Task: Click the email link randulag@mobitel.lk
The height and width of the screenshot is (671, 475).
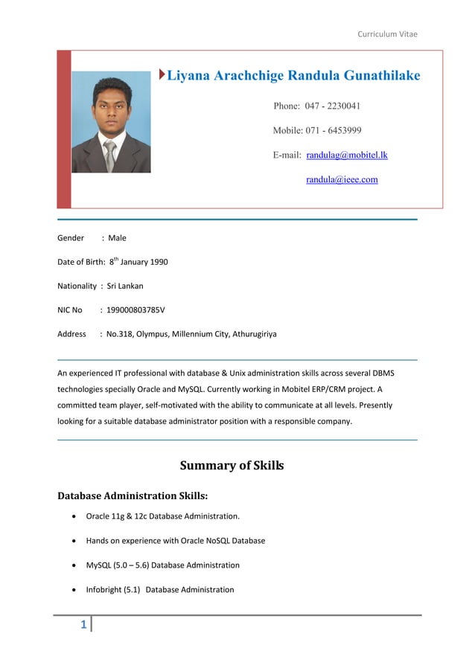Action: (x=347, y=155)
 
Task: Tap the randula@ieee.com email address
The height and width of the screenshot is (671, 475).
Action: (x=342, y=179)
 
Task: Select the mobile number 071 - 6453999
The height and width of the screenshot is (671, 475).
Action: (x=328, y=131)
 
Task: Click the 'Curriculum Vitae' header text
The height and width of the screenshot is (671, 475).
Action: (x=387, y=34)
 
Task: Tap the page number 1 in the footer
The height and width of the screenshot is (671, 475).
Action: (x=84, y=624)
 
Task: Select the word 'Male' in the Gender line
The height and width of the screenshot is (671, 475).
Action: (x=118, y=238)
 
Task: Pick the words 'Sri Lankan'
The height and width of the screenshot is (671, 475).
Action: (x=125, y=286)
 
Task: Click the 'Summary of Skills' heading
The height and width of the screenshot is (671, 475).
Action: (x=232, y=466)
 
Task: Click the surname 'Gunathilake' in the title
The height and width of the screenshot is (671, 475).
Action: (x=376, y=75)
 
